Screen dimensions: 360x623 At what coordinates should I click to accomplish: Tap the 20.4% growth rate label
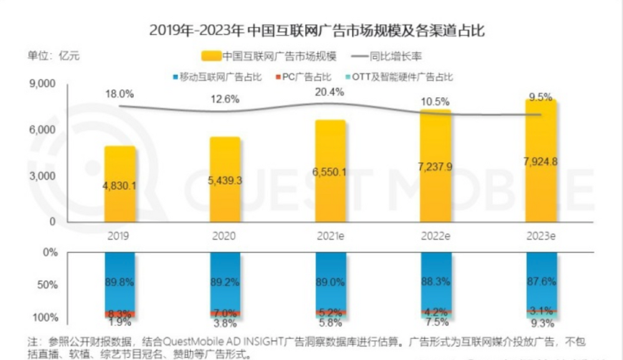coord(330,92)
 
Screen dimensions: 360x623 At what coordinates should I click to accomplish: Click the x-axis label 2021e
coord(330,237)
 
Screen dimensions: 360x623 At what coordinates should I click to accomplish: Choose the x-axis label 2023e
coord(541,237)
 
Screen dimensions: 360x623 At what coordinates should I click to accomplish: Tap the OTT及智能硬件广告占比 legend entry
coord(402,77)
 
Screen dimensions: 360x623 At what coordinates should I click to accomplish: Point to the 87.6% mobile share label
coord(540,282)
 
